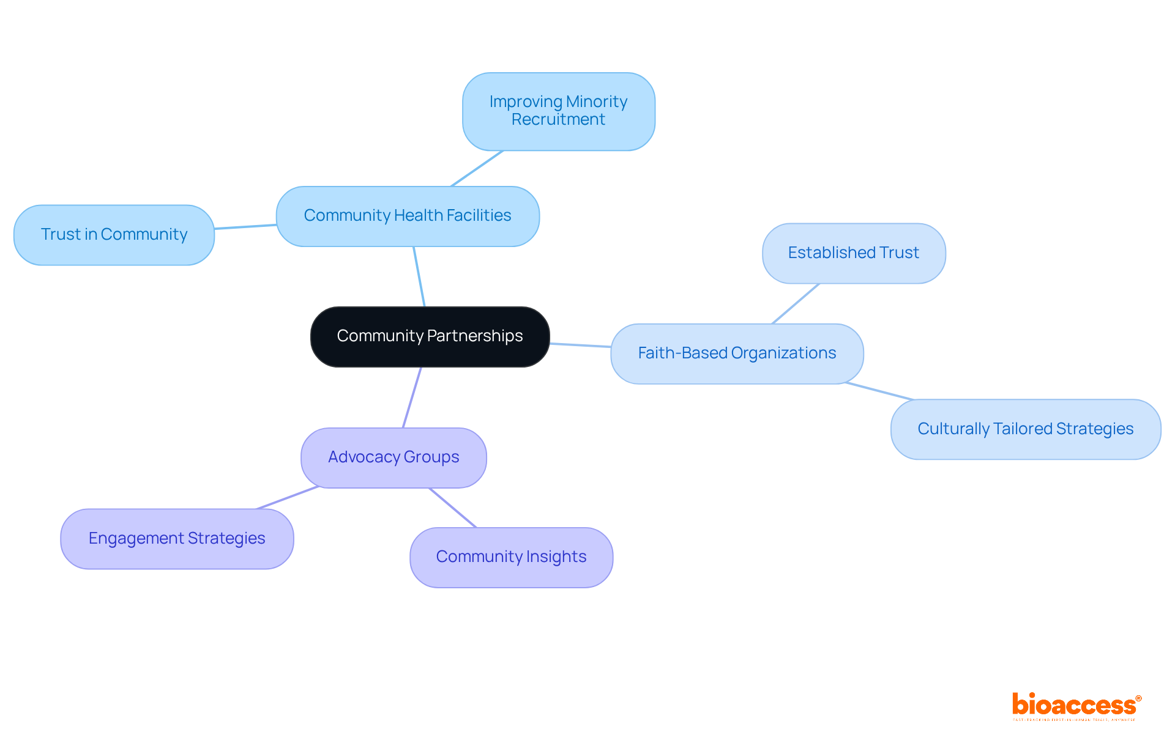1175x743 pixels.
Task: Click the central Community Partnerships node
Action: pos(430,336)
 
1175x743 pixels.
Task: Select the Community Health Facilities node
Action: pos(408,216)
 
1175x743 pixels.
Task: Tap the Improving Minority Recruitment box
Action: pos(558,111)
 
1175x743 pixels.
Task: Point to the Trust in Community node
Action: pos(114,235)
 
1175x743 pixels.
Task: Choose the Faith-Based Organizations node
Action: pos(737,353)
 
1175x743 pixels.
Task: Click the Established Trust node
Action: pos(853,253)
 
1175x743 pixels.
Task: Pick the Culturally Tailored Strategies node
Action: pos(1025,429)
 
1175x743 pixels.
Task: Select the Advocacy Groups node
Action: pos(394,457)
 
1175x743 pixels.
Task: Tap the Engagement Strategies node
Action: pos(177,539)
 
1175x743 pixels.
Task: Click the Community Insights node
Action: pos(511,557)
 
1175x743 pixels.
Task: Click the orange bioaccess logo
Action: pos(1076,706)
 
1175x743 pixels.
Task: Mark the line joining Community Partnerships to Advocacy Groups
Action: pos(412,397)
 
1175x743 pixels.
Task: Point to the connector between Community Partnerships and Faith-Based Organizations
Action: pos(580,345)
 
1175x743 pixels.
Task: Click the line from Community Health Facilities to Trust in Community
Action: pos(245,227)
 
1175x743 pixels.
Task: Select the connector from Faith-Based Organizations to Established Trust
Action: pos(796,303)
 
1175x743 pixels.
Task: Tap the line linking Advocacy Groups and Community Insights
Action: pos(453,508)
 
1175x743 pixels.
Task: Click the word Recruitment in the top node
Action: pos(558,120)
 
